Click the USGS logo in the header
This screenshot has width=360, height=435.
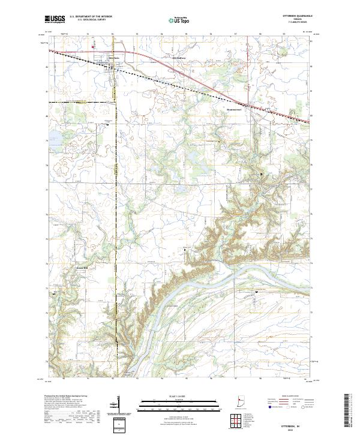(x=55, y=19)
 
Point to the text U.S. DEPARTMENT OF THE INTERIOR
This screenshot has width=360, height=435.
(x=91, y=17)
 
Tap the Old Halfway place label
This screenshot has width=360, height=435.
(x=180, y=58)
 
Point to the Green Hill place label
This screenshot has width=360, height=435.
(x=82, y=268)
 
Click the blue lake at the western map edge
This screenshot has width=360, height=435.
(x=53, y=136)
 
